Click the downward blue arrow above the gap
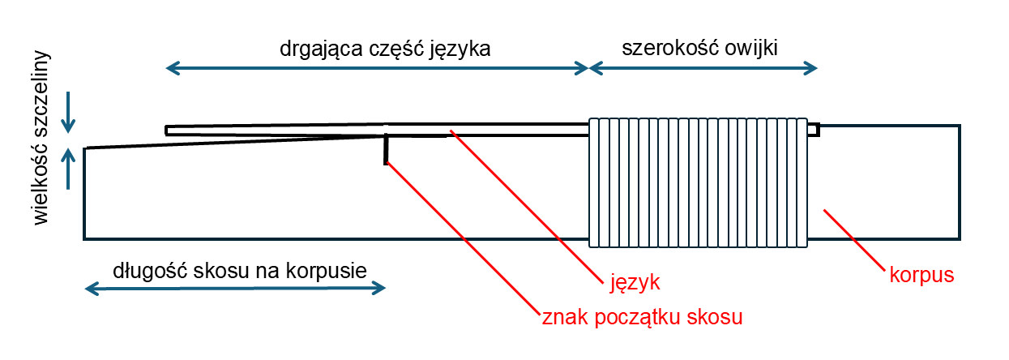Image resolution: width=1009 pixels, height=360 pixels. pos(68,112)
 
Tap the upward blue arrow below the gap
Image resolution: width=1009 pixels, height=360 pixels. pos(68,169)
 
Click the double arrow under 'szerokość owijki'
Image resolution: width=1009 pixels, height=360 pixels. pos(703,68)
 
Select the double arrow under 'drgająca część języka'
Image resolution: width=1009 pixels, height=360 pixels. pos(377,68)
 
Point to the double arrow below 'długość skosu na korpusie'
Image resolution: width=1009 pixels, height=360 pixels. pos(235,288)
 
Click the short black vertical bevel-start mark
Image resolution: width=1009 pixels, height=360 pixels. pos(386,149)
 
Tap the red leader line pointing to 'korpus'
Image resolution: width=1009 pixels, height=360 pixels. pos(854,240)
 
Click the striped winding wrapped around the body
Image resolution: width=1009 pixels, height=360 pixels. pos(698,182)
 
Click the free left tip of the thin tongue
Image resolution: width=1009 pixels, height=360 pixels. pos(167,131)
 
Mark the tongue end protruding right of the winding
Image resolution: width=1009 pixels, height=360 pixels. pos(814,130)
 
